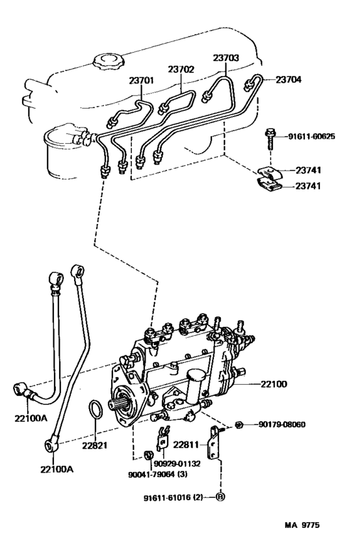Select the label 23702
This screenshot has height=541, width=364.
coord(181,69)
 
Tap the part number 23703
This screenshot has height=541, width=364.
coord(226,58)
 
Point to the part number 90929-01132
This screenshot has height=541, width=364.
coord(177,464)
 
